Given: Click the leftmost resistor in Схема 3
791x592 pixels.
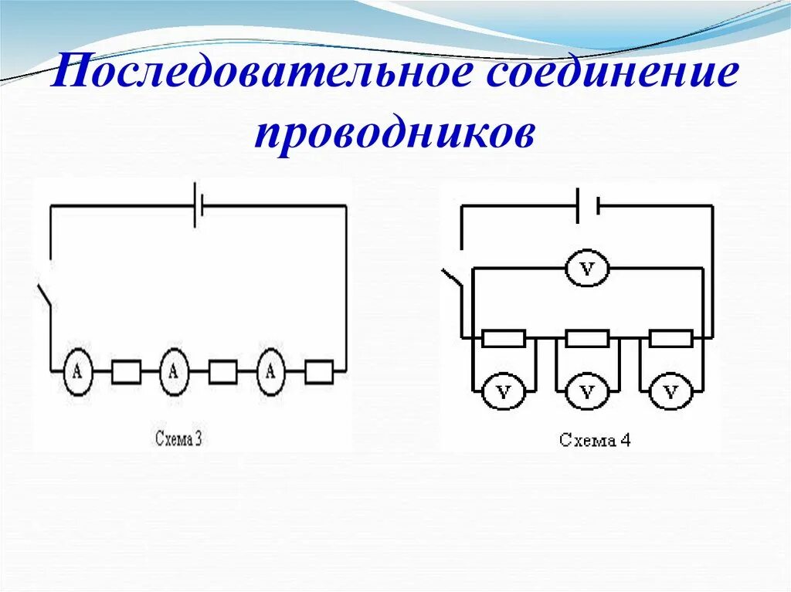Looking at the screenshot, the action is coord(126,373).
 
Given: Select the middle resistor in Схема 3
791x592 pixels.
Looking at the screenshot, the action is coord(222,373).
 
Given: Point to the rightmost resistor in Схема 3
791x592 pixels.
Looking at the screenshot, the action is coord(318,373).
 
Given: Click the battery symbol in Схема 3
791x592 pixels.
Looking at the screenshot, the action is coord(199,207).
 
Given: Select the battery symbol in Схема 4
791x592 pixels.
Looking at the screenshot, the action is coord(589,206).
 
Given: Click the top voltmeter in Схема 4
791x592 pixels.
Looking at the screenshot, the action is coord(588,269).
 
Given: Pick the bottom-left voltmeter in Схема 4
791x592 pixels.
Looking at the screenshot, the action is coord(504,393).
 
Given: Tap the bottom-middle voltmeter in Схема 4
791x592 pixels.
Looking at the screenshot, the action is coord(587,393).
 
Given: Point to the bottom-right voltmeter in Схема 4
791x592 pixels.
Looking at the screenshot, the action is coord(670,393).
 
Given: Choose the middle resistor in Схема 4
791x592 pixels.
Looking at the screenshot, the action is coord(587,338).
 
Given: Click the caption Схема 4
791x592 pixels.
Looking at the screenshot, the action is coord(595,441).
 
